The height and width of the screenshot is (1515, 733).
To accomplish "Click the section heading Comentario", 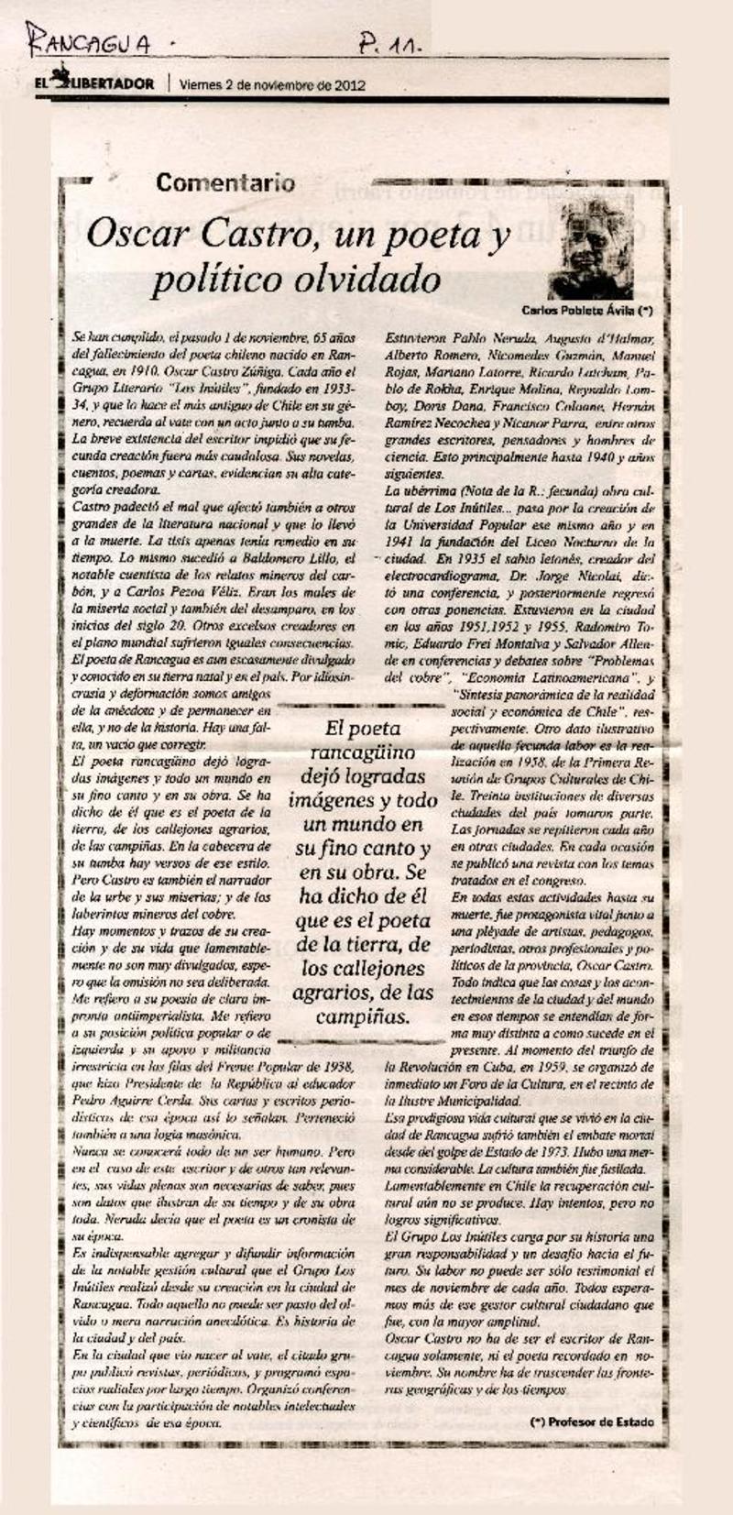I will pyautogui.click(x=225, y=182).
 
